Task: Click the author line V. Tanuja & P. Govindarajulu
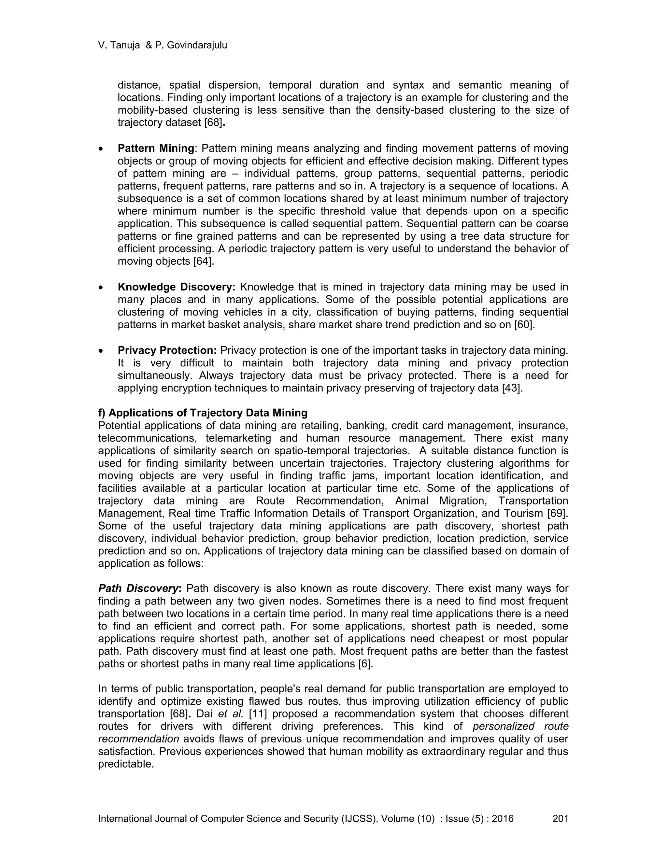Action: (163, 46)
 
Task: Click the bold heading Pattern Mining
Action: (156, 149)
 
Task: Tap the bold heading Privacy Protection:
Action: (167, 350)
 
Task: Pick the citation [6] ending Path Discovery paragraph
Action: (365, 664)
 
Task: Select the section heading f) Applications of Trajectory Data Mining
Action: (203, 413)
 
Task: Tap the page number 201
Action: (560, 819)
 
